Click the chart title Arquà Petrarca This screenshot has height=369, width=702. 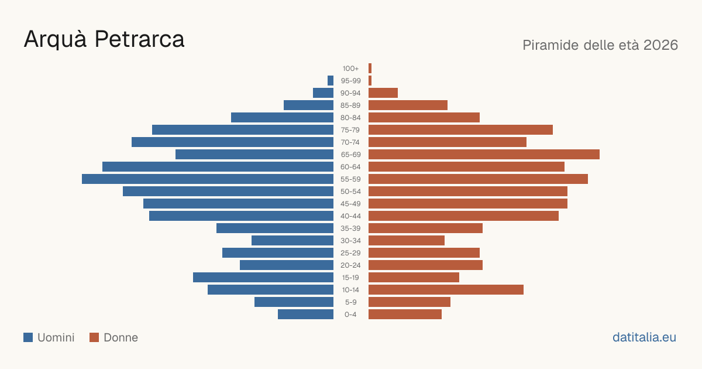[x=104, y=39]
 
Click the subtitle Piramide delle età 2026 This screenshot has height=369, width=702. [x=600, y=45]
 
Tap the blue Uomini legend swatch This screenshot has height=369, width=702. [x=28, y=337]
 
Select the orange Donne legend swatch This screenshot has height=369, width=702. [x=94, y=337]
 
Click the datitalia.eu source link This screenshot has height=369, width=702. [x=644, y=337]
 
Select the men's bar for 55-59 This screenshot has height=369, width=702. [x=208, y=179]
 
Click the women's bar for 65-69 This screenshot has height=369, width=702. [x=484, y=155]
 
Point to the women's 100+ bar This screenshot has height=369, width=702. [x=370, y=69]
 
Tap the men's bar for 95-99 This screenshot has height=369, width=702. [x=331, y=81]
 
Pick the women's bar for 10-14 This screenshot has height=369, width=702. [x=446, y=289]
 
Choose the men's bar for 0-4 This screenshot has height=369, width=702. [x=305, y=314]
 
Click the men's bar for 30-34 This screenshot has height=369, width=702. [x=292, y=240]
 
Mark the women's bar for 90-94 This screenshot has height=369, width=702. [x=383, y=93]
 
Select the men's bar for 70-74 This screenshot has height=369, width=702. [x=233, y=142]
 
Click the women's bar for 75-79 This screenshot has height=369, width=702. [x=461, y=130]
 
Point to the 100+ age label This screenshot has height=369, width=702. [x=350, y=69]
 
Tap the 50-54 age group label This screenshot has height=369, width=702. [x=350, y=192]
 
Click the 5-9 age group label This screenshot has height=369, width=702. [x=350, y=302]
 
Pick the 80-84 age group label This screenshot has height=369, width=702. [x=350, y=118]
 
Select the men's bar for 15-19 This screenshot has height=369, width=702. [x=263, y=278]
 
